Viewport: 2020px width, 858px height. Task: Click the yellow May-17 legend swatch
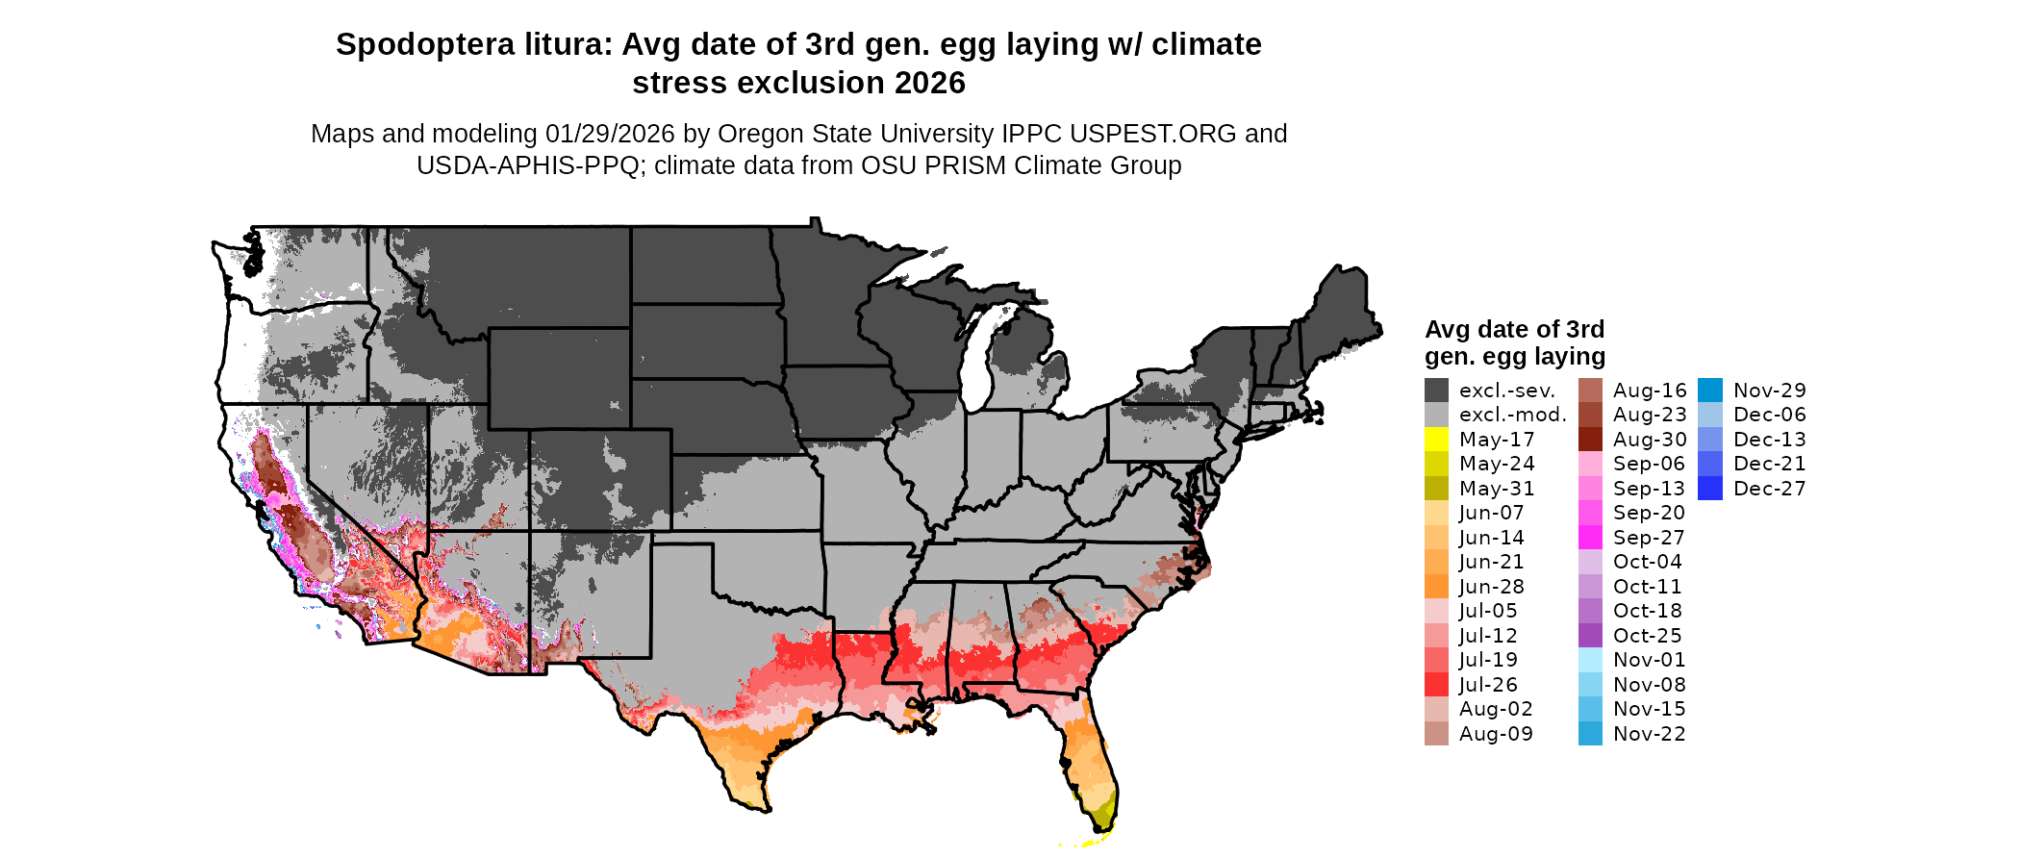(1436, 440)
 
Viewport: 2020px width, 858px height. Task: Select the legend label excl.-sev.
(1506, 391)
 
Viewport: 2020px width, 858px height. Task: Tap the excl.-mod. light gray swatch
(1436, 415)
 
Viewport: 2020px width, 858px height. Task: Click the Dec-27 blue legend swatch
(1710, 489)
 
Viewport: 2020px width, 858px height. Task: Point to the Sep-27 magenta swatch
(1590, 538)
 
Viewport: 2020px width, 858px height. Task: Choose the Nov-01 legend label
(1649, 660)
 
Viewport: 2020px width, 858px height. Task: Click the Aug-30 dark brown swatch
(1590, 440)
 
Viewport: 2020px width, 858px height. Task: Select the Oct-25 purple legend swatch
(1590, 636)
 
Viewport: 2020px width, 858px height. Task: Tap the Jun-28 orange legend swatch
(1436, 587)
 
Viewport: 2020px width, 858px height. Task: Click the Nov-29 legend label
(1769, 391)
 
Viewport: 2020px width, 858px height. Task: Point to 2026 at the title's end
(929, 84)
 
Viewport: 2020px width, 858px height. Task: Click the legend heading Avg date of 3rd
(1514, 330)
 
